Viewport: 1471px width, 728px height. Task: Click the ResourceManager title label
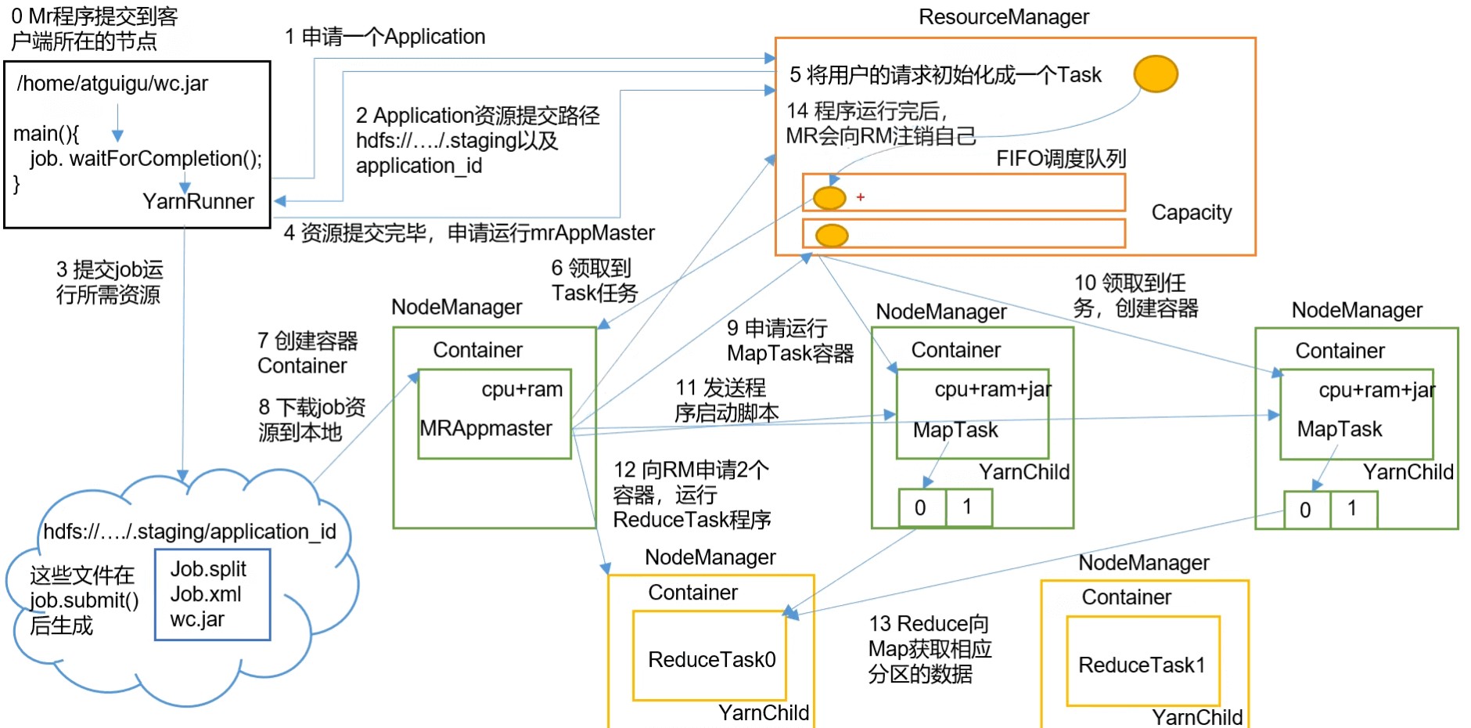pyautogui.click(x=1003, y=17)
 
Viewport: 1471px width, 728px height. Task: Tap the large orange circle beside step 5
pyautogui.click(x=1156, y=74)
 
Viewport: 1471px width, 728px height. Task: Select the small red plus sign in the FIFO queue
pyautogui.click(x=861, y=197)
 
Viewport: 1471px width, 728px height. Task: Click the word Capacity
pyautogui.click(x=1191, y=213)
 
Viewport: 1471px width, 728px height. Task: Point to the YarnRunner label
pyautogui.click(x=198, y=202)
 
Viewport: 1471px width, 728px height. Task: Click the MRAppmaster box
pyautogui.click(x=495, y=414)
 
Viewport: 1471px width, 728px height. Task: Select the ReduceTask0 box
pyautogui.click(x=710, y=656)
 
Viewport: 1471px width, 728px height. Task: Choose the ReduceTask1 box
pyautogui.click(x=1143, y=661)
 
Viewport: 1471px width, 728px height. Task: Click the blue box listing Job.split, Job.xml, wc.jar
pyautogui.click(x=213, y=595)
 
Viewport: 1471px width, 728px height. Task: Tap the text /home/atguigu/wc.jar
pyautogui.click(x=113, y=84)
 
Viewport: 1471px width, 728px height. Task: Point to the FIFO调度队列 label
pyautogui.click(x=1060, y=159)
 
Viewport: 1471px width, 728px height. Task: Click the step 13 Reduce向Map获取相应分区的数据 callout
pyautogui.click(x=930, y=649)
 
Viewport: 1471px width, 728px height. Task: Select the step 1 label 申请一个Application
pyautogui.click(x=385, y=37)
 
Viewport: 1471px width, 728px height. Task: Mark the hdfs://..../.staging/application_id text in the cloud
pyautogui.click(x=189, y=532)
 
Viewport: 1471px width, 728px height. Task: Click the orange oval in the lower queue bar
pyautogui.click(x=832, y=235)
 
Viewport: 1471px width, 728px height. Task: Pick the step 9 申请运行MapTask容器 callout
pyautogui.click(x=789, y=341)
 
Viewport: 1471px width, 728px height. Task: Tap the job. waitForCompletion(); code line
pyautogui.click(x=146, y=159)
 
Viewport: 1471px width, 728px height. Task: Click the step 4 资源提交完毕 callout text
pyautogui.click(x=469, y=233)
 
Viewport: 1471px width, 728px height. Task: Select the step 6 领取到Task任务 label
pyautogui.click(x=594, y=281)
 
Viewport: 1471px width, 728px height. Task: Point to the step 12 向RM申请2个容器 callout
pyautogui.click(x=692, y=495)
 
